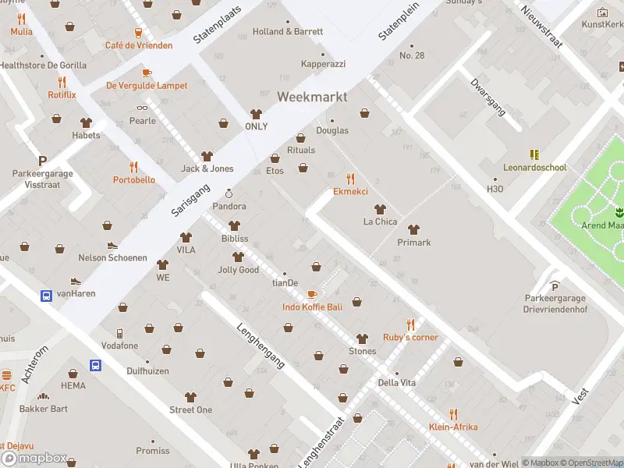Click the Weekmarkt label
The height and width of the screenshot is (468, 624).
click(x=312, y=97)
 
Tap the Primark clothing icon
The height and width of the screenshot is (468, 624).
click(x=414, y=229)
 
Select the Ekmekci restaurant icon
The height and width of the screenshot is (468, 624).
click(x=350, y=179)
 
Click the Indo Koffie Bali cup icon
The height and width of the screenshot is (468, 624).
click(x=312, y=294)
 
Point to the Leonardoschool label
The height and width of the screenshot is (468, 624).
click(x=534, y=168)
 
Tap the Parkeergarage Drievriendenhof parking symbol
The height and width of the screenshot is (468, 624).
click(x=555, y=285)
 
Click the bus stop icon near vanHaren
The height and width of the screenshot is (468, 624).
click(x=46, y=296)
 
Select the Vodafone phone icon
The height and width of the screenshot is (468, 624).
click(x=119, y=333)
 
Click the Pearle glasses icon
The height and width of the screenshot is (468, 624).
click(x=142, y=108)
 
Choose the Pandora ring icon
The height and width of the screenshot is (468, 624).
click(x=229, y=193)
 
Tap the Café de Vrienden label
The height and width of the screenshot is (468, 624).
click(x=139, y=45)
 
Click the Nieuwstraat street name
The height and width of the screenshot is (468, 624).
click(x=541, y=27)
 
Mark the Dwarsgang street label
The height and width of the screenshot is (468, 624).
click(x=487, y=97)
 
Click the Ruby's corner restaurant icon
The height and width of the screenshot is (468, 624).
click(x=410, y=324)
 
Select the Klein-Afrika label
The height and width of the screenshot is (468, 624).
click(x=452, y=427)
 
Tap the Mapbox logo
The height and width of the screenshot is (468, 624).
click(x=34, y=459)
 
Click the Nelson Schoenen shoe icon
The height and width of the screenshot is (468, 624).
click(x=112, y=245)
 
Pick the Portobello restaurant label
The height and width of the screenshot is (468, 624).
click(x=133, y=180)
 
